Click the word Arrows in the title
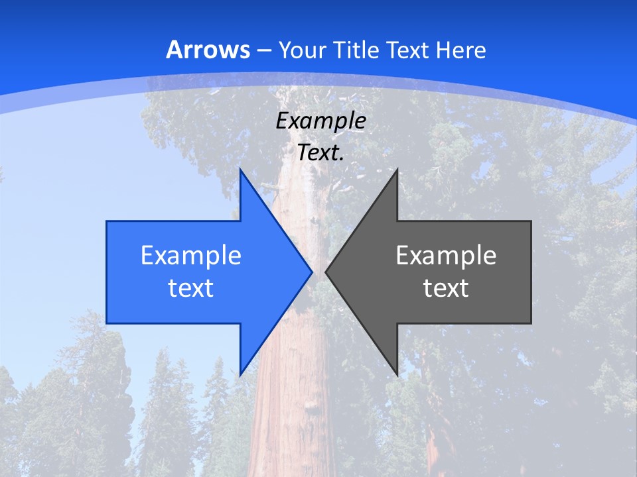pyautogui.click(x=208, y=50)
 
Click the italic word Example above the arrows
pyautogui.click(x=321, y=121)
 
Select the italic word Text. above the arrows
pyautogui.click(x=321, y=153)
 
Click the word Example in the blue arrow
pyautogui.click(x=191, y=255)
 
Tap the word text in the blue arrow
pyautogui.click(x=191, y=288)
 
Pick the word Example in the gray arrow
pyautogui.click(x=446, y=255)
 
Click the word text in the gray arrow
pyautogui.click(x=446, y=288)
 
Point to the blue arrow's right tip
pyautogui.click(x=312, y=272)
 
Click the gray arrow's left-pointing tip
pyautogui.click(x=326, y=272)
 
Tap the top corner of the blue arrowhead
pyautogui.click(x=240, y=170)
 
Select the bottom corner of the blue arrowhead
pyautogui.click(x=240, y=374)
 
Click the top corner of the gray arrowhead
pyautogui.click(x=397, y=170)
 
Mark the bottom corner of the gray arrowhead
pyautogui.click(x=397, y=374)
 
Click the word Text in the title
pyautogui.click(x=407, y=50)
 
